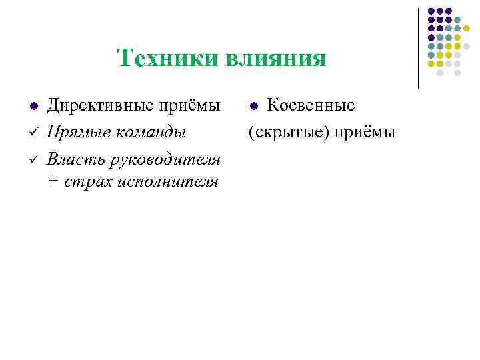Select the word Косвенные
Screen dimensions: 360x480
[x=311, y=105]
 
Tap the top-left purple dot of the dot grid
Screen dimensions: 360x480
[x=431, y=11]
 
